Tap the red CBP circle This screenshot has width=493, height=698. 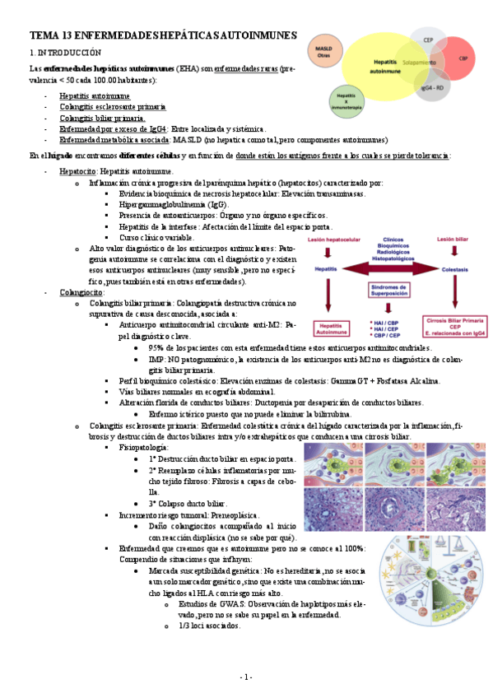[463, 60]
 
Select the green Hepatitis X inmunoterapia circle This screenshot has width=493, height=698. [346, 100]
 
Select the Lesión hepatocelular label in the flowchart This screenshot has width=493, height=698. [335, 240]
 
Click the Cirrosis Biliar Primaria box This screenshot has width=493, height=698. [452, 325]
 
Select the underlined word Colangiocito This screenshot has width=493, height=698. [81, 291]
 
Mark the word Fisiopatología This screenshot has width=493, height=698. [143, 447]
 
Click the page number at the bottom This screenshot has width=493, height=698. [246, 677]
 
